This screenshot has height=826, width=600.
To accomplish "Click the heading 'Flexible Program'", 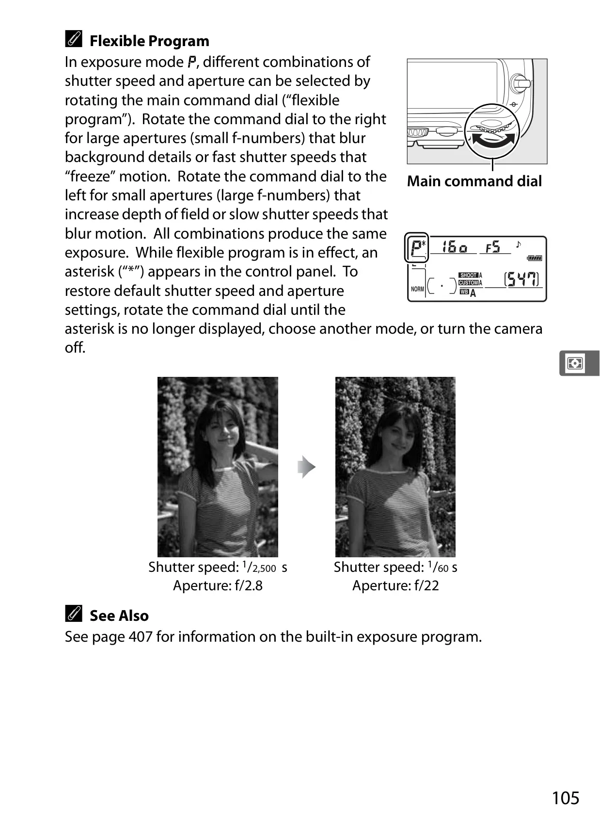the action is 149,41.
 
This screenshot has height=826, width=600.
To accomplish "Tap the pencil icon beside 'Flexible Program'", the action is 74,39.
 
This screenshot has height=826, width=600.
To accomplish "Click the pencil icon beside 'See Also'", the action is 74,613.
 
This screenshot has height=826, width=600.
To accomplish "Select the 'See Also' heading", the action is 119,615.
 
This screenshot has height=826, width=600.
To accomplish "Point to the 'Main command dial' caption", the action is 474,181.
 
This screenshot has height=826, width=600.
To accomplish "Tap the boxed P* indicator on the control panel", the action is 416,247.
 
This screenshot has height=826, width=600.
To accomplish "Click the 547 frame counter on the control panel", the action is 522,279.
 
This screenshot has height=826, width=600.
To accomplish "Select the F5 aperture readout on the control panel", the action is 493,247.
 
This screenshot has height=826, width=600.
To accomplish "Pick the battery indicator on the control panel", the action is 535,258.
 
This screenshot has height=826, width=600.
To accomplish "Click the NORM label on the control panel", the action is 418,289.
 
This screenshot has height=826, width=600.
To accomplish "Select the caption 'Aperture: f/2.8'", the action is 218,585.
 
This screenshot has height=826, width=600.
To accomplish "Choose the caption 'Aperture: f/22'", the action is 395,585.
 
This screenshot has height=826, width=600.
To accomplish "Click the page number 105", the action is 566,798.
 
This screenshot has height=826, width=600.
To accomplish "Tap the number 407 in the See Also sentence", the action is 141,637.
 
